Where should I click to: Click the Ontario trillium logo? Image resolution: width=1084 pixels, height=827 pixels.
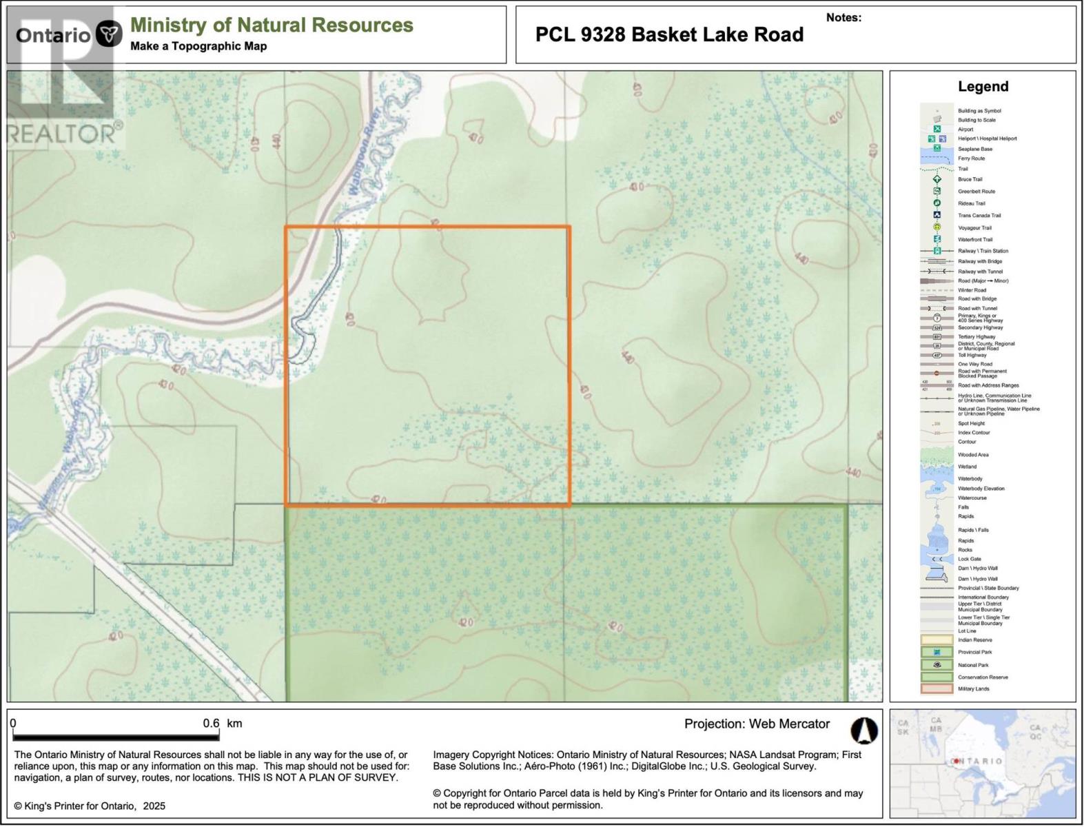tap(109, 34)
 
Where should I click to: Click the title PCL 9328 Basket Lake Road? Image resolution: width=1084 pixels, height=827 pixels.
tap(669, 34)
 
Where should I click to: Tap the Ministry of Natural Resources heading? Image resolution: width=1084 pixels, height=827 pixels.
tap(272, 25)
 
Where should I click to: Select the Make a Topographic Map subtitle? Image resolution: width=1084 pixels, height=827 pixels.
tap(198, 46)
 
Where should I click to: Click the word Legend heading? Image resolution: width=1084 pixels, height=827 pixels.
tap(983, 86)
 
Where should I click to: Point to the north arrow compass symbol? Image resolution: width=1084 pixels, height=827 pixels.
tap(863, 731)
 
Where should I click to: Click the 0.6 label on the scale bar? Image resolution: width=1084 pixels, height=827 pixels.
tap(211, 724)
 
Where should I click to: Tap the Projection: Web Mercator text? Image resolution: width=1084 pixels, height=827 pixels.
tap(757, 724)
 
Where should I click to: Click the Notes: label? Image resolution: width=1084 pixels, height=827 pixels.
tap(843, 18)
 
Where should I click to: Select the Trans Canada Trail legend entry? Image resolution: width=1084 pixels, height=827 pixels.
tap(979, 215)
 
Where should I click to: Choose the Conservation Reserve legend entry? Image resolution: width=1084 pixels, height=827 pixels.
tap(983, 677)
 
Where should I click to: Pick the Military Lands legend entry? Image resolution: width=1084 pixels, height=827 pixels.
tap(973, 688)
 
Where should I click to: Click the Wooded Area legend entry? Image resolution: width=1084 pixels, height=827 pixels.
tap(973, 455)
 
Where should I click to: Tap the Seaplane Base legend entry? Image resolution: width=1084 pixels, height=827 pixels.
tap(975, 149)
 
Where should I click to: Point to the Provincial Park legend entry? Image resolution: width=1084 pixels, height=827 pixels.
tap(975, 652)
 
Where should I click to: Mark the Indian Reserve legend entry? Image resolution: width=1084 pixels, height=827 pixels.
tap(975, 640)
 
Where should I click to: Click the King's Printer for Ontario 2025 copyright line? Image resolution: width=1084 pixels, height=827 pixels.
tap(90, 806)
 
